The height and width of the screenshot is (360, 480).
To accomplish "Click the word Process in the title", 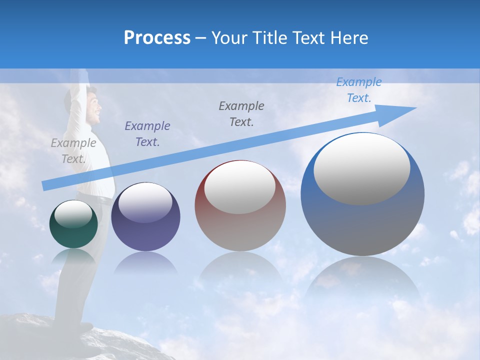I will [x=157, y=38].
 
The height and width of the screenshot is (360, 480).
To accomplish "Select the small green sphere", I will [x=73, y=224].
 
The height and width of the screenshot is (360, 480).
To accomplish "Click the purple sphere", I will [x=145, y=217].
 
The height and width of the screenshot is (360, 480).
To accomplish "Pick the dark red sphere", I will [x=240, y=206].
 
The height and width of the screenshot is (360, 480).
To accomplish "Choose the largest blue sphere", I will [x=362, y=194].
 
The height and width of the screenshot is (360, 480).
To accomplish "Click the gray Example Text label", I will [x=73, y=150].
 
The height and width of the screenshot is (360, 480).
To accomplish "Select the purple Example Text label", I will [x=147, y=133].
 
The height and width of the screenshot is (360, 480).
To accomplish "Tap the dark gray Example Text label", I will [x=241, y=113].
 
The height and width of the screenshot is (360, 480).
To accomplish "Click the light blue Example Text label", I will [x=358, y=90].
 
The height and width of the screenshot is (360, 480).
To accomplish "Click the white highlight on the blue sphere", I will [x=361, y=167].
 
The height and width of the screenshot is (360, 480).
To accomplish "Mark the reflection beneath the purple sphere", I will [x=145, y=262].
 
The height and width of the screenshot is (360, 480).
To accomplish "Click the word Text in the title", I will [x=308, y=38].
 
